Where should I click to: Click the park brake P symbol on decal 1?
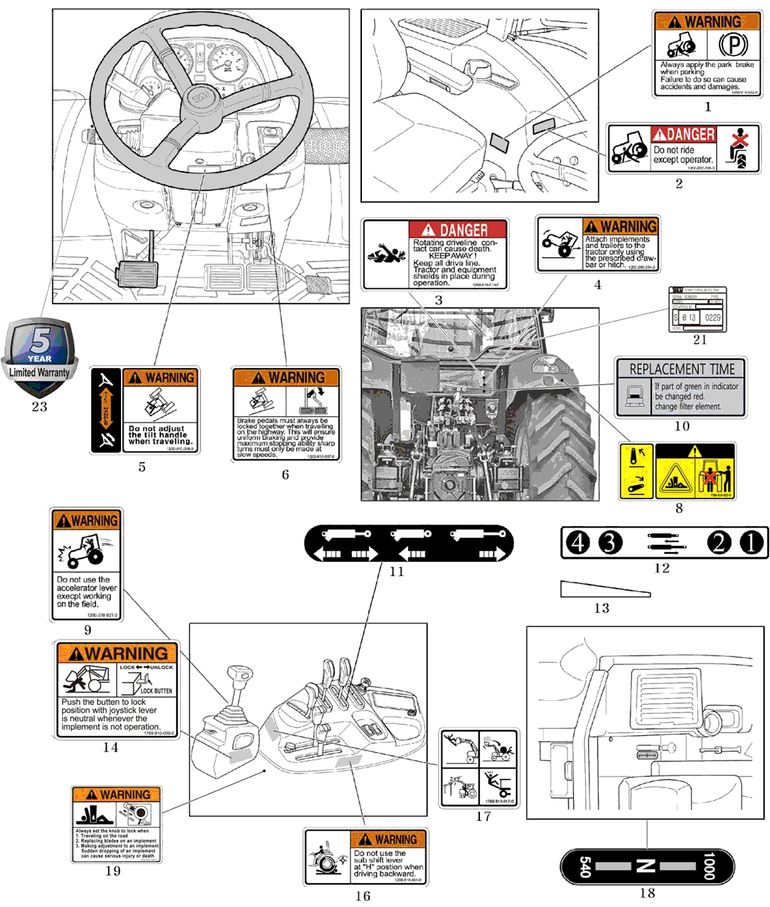[733, 46]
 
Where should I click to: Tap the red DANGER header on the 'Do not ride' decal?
[683, 134]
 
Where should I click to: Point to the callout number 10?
[682, 426]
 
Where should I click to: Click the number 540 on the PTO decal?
[584, 866]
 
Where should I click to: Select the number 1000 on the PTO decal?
[708, 866]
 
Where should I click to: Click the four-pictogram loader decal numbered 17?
[479, 767]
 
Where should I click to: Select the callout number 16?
[363, 896]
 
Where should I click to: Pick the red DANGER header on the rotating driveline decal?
[457, 230]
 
